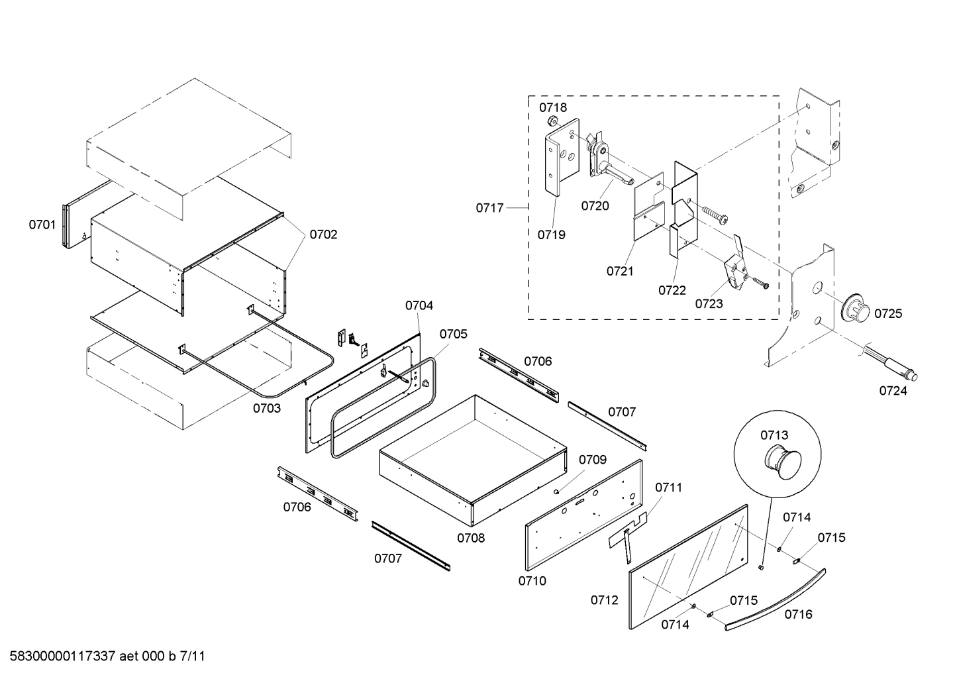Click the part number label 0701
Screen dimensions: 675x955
(42, 225)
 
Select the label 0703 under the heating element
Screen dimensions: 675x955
(266, 408)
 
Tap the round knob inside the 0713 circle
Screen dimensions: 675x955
(783, 462)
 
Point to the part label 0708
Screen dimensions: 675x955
(470, 538)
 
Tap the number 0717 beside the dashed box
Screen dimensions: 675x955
(489, 208)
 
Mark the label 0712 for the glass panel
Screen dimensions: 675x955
(604, 600)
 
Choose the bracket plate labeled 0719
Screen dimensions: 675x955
(562, 159)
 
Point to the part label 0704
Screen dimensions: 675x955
(419, 305)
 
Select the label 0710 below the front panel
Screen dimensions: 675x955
(532, 581)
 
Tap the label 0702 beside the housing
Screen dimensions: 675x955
(323, 234)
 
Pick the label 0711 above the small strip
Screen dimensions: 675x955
(668, 488)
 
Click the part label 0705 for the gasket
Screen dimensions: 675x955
(453, 334)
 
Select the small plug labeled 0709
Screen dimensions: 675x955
(558, 492)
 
